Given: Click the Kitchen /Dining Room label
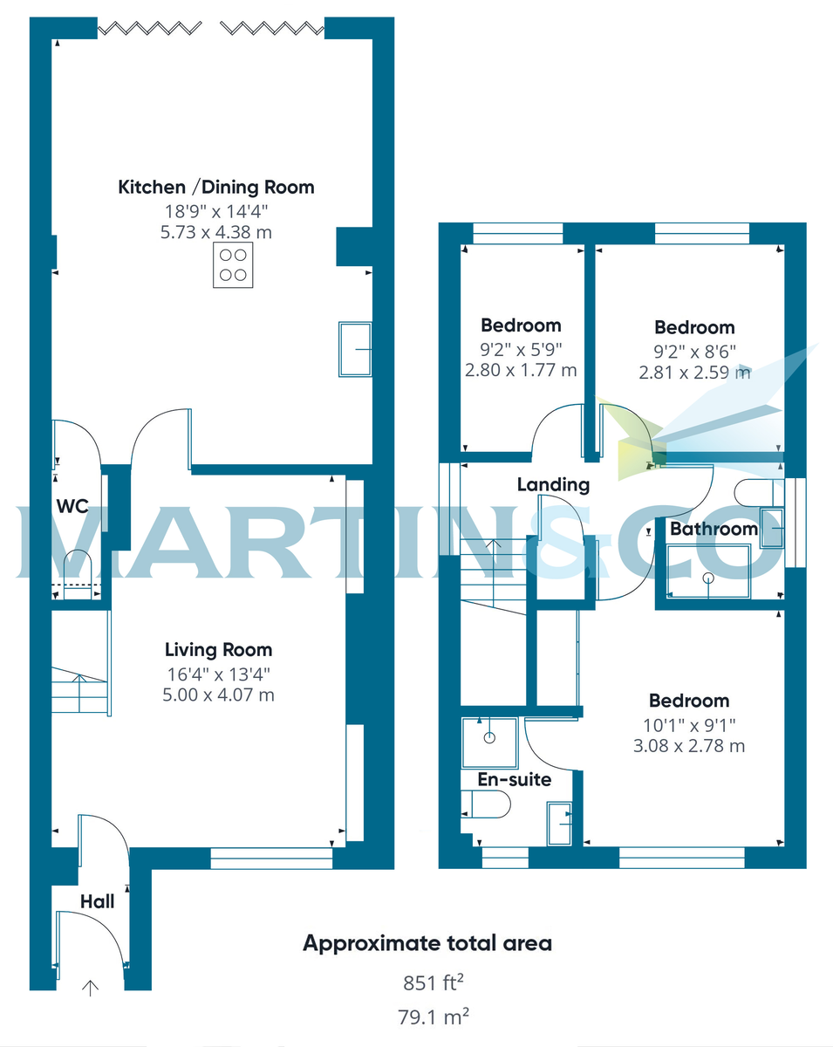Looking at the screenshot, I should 215,187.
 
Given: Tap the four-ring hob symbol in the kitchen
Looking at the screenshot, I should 233,265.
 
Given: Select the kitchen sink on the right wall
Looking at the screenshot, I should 354,349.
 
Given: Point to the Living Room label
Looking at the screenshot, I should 218,650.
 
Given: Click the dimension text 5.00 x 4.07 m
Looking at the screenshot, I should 219,695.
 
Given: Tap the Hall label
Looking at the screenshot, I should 97,901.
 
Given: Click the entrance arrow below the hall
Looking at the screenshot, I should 90,988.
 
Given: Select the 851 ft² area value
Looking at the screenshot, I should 433,983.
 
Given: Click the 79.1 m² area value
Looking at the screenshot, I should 433,1016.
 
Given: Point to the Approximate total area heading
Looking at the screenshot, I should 427,943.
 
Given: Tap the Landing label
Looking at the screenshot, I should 553,485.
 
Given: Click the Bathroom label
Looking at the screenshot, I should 713,529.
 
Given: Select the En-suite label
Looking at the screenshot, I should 514,779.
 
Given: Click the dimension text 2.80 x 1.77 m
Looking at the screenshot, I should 521,370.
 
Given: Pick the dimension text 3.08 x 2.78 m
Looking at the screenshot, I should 689,746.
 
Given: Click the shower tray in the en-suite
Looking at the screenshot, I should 488,736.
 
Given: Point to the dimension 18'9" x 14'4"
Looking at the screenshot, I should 215,210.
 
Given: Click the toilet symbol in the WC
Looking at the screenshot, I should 78,571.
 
